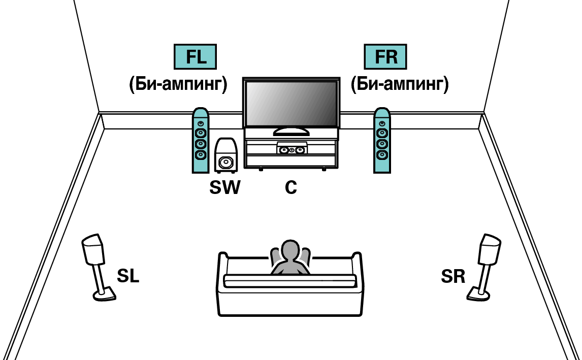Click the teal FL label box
tap(196, 57)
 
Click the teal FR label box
tap(386, 57)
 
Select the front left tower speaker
tap(200, 141)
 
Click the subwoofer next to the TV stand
tap(225, 155)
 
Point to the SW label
tap(224, 188)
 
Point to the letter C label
tap(290, 188)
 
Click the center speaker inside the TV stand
tap(292, 150)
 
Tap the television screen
tap(290, 104)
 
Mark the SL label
tap(127, 277)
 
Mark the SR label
tap(453, 277)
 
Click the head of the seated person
tap(290, 251)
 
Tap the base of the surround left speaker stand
tap(104, 293)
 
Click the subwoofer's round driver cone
tap(225, 162)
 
